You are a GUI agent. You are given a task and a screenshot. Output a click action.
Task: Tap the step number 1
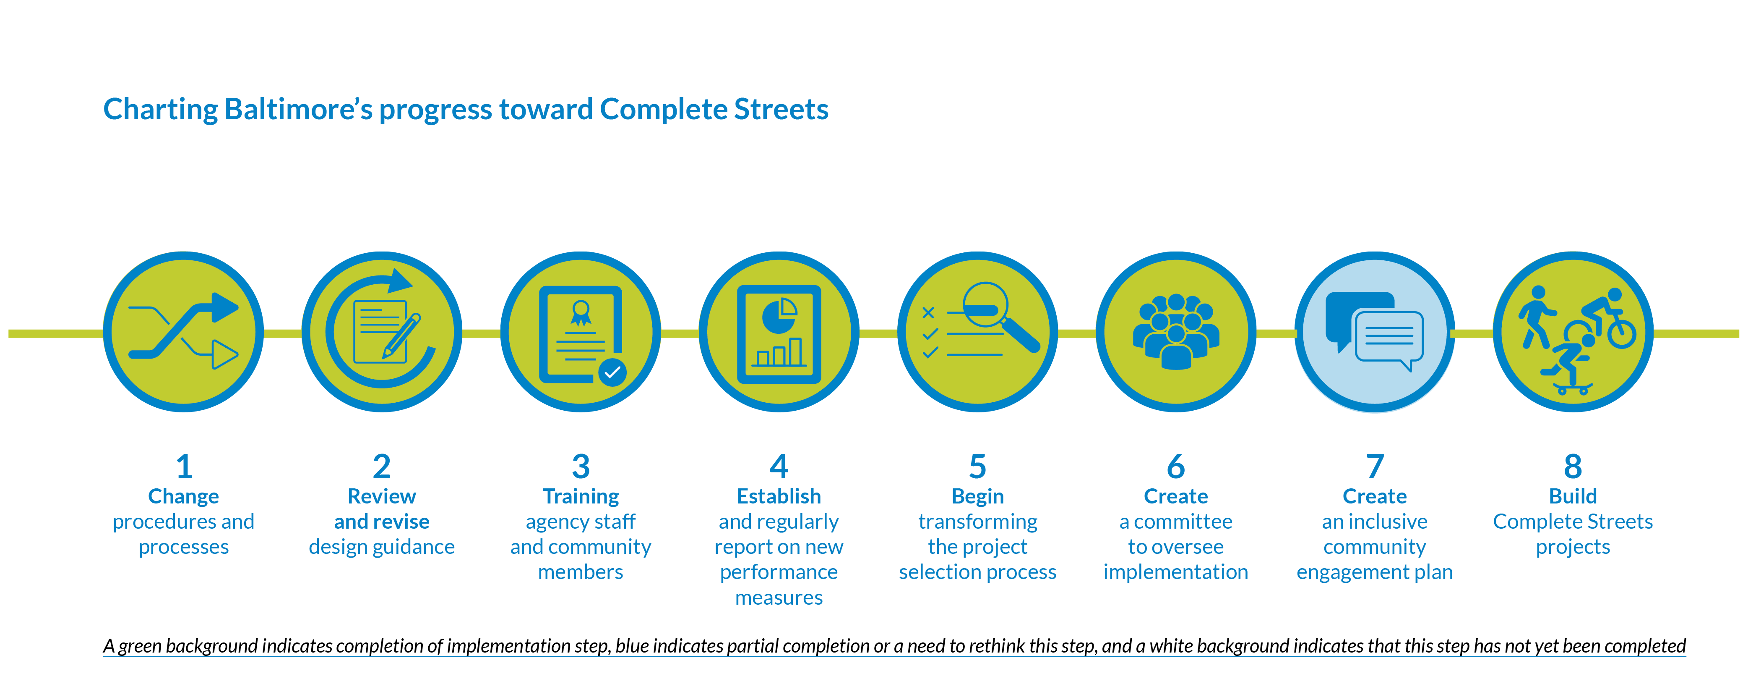click(184, 467)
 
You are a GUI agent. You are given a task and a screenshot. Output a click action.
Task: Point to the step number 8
click(1573, 467)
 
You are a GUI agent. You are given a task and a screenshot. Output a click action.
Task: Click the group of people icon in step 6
click(1176, 332)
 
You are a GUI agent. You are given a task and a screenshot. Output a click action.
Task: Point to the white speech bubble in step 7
click(1389, 338)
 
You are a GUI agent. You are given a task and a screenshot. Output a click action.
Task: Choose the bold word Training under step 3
click(581, 496)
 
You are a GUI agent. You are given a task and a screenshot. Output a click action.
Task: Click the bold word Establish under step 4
click(779, 496)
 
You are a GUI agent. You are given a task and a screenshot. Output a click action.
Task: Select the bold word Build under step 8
click(1573, 496)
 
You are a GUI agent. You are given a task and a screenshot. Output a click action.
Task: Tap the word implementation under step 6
click(1176, 572)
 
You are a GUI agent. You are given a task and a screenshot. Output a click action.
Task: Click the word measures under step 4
click(779, 598)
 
